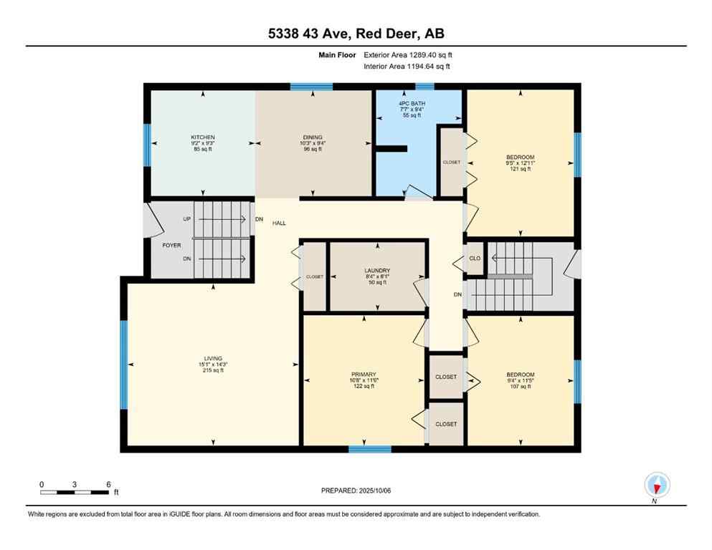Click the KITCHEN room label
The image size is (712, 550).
[x=202, y=137]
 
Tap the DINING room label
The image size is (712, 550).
[x=312, y=137]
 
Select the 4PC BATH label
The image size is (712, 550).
[x=412, y=104]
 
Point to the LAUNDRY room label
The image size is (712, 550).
[x=376, y=271]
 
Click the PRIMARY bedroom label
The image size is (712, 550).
[x=364, y=375]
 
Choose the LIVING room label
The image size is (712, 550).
[x=213, y=359]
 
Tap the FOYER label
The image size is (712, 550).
[x=171, y=245]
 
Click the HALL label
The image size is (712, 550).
[x=279, y=223]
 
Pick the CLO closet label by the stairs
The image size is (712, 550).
[x=475, y=259]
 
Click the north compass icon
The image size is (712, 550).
[x=657, y=485]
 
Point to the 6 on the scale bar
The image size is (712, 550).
[x=108, y=485]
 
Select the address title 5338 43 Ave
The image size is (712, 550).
[x=356, y=34]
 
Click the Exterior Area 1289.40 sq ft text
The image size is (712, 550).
[x=408, y=54]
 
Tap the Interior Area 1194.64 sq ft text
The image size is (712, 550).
[x=407, y=67]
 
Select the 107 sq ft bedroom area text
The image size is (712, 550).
[x=520, y=387]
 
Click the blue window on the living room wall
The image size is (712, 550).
[x=123, y=365]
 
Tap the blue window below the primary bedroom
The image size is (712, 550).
[x=370, y=449]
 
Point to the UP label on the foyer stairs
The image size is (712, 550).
[x=186, y=218]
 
